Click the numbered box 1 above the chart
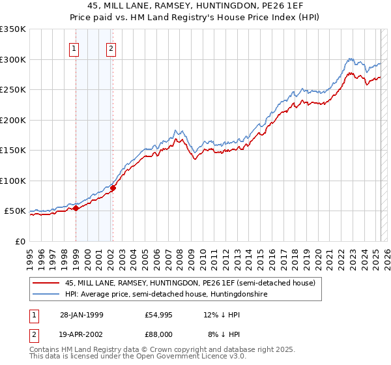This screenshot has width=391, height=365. click(x=74, y=48)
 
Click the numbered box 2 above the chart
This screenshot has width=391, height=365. click(x=111, y=48)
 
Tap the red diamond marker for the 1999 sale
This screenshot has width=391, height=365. click(x=76, y=209)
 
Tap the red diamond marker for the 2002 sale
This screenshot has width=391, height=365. click(x=113, y=188)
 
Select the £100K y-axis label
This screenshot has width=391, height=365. click(x=12, y=181)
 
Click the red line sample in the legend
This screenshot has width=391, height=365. click(x=46, y=283)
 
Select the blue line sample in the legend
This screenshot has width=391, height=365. click(x=46, y=295)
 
